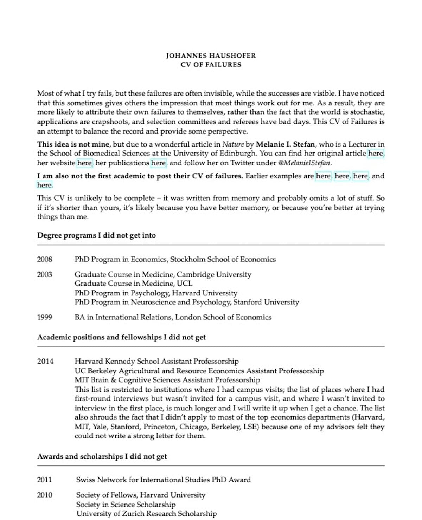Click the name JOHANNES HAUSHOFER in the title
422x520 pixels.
click(x=211, y=56)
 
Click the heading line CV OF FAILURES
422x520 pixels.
click(x=211, y=65)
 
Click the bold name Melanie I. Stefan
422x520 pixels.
click(x=285, y=144)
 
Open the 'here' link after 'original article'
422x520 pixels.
click(x=375, y=154)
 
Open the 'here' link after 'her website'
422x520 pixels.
click(x=84, y=163)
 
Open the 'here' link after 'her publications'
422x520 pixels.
click(x=158, y=163)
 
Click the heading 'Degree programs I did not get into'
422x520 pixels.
click(x=96, y=235)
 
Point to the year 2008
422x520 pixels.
click(x=45, y=259)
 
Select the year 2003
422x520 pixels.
click(x=45, y=274)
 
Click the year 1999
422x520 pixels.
click(x=45, y=317)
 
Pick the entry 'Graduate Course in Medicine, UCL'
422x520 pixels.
click(x=133, y=284)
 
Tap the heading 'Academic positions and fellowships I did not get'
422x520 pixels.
click(x=121, y=337)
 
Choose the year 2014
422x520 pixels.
click(x=45, y=361)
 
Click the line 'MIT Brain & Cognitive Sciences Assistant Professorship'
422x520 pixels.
click(x=167, y=380)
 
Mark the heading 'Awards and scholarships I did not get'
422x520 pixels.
click(x=102, y=456)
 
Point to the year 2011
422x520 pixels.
click(x=45, y=480)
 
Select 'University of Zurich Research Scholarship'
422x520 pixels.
click(x=146, y=514)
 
